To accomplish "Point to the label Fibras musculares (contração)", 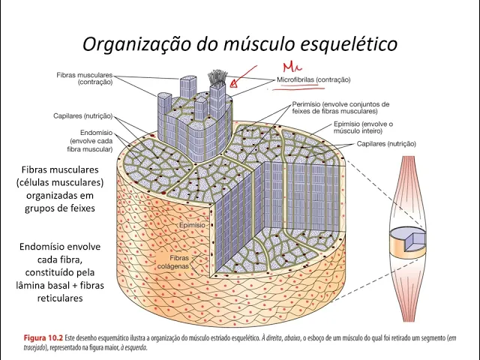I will point(84,79).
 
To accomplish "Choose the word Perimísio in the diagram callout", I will point(308,103).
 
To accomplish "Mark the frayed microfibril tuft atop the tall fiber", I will point(219,76).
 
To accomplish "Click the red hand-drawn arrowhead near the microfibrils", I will point(233,84).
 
